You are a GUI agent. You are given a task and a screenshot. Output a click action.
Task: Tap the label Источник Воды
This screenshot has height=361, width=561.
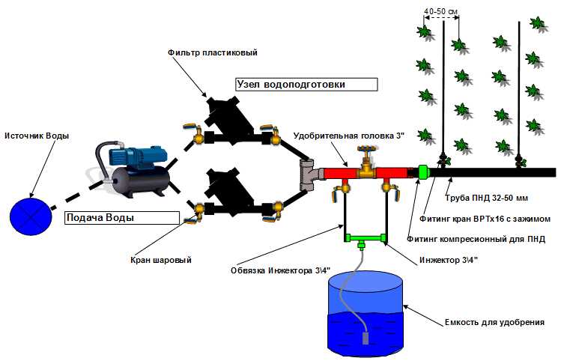click(x=37, y=136)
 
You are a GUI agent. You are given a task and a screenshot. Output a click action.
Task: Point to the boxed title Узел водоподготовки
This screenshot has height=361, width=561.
click(x=291, y=85)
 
